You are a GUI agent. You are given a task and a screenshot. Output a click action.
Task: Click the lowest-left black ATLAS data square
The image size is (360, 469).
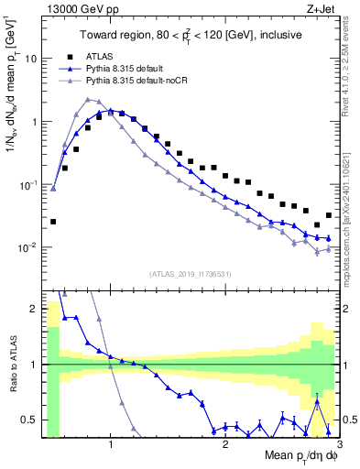[53, 222]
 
